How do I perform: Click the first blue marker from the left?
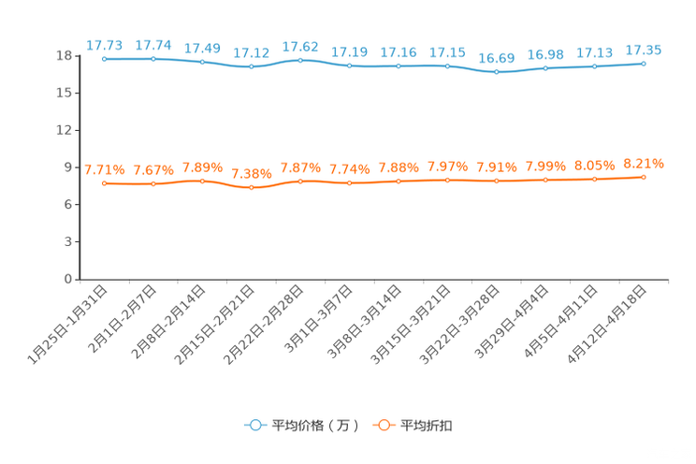tap(104, 59)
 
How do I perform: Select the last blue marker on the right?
tap(644, 64)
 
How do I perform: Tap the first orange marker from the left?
tap(104, 183)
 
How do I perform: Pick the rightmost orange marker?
tap(644, 177)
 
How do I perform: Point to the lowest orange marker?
tap(251, 188)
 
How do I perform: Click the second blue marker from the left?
tap(152, 59)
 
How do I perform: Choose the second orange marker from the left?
tap(152, 184)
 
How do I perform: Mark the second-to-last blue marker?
tap(594, 66)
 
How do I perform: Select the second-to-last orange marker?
tap(594, 179)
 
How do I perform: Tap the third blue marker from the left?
tap(202, 62)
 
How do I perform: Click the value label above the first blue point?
tap(104, 45)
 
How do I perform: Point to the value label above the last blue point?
tap(644, 50)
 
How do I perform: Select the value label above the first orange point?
tap(104, 169)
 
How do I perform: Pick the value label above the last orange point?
tap(644, 164)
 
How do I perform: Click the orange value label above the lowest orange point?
tap(251, 174)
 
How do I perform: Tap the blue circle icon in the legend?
tap(254, 425)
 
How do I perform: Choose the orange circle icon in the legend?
tap(383, 425)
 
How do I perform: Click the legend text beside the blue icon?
tap(313, 426)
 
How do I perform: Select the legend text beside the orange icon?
tap(428, 426)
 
